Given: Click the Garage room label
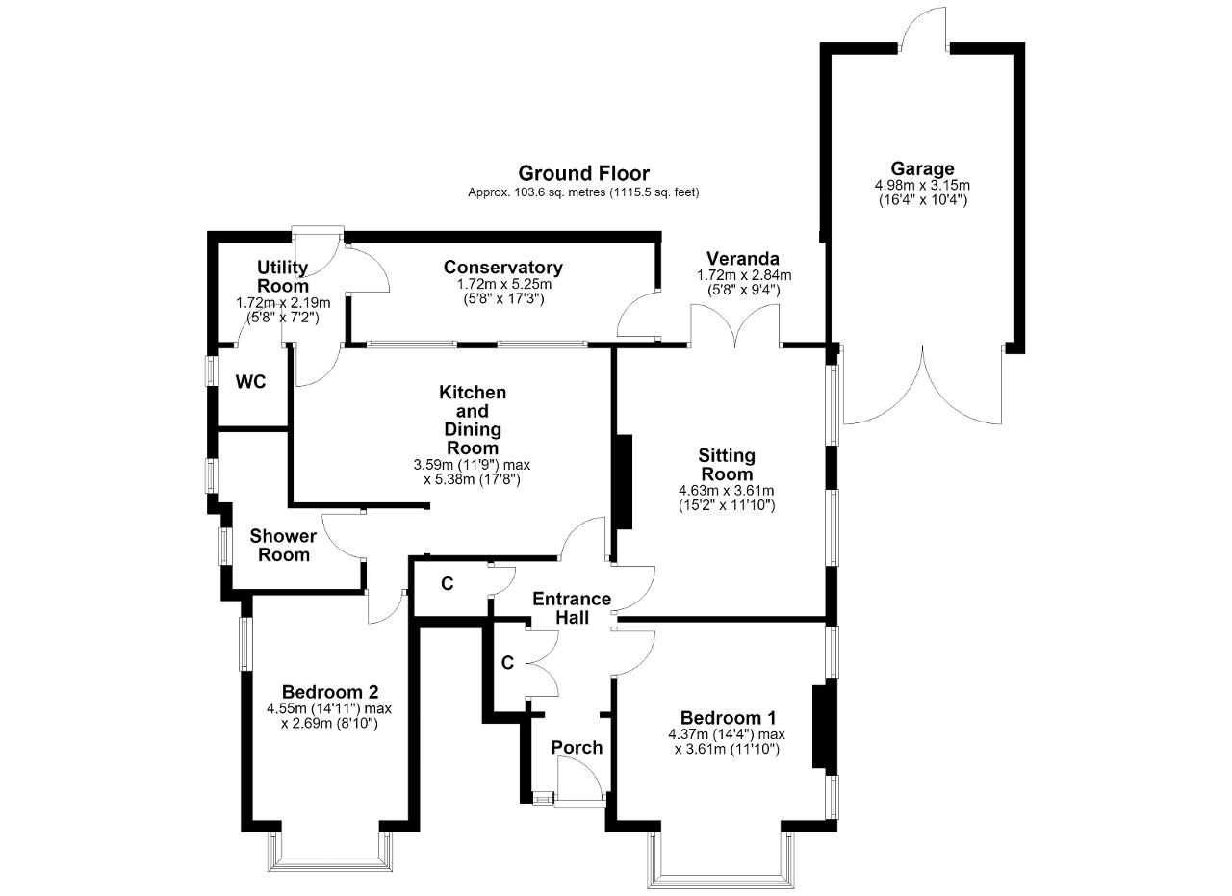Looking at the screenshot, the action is point(922,168).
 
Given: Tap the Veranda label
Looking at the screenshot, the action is point(743,258).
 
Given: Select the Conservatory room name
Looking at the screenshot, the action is point(503,268).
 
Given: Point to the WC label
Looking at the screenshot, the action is point(251,382).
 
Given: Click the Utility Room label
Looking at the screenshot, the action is point(283,276).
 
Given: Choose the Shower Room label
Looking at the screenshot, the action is point(283,545).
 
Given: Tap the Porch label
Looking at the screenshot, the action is point(577,748).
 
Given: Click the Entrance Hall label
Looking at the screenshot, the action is point(572,608).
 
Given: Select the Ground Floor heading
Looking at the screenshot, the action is point(583,174).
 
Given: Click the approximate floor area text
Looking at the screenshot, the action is point(583,192).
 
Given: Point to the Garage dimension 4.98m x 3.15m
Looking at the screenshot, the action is point(922,186).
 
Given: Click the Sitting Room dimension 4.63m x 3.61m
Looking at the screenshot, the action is point(727,490).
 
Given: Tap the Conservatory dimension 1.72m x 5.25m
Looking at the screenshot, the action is point(503,285).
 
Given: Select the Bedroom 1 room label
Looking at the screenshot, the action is point(728,718).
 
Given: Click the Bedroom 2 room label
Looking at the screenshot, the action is point(330,691).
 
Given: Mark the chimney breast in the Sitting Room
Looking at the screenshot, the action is point(625,482).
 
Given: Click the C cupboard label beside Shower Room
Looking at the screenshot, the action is point(448,583).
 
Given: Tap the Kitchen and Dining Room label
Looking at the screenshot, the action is point(472,421).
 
